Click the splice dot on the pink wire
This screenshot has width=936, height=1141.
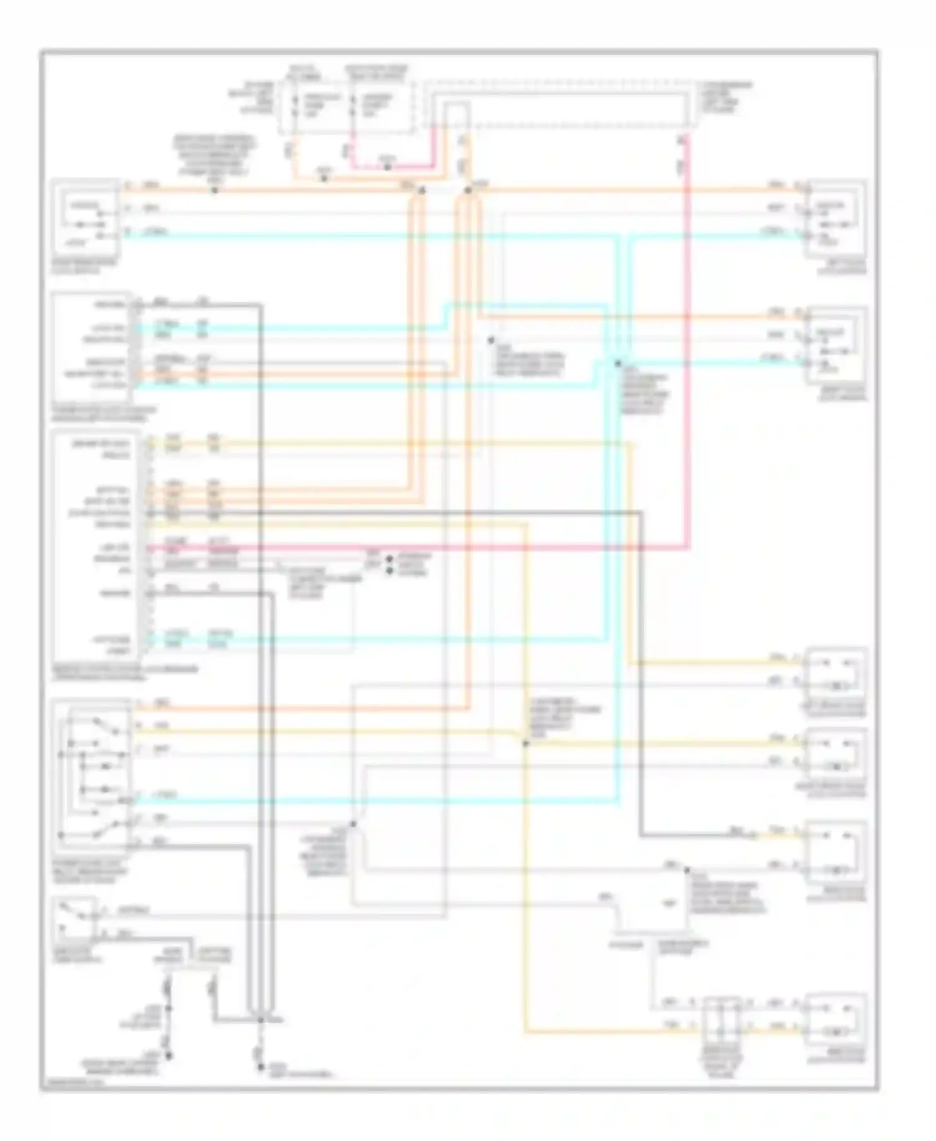[387, 167]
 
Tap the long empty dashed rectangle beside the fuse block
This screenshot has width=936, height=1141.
[558, 105]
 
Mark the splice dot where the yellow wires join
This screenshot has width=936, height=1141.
[525, 743]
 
